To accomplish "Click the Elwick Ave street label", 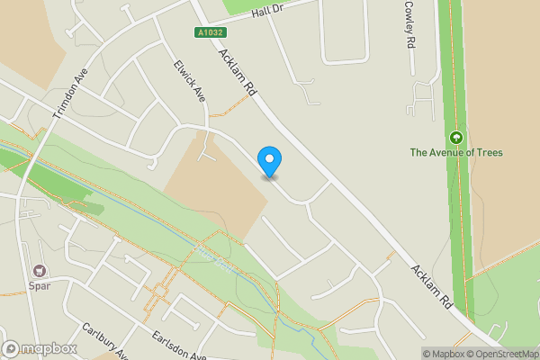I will pos(191,78).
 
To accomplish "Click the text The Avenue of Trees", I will pos(456,152).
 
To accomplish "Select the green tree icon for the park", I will pos(456,138).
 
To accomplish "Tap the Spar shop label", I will pos(40,285).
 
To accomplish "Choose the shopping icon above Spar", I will pos(39,270).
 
